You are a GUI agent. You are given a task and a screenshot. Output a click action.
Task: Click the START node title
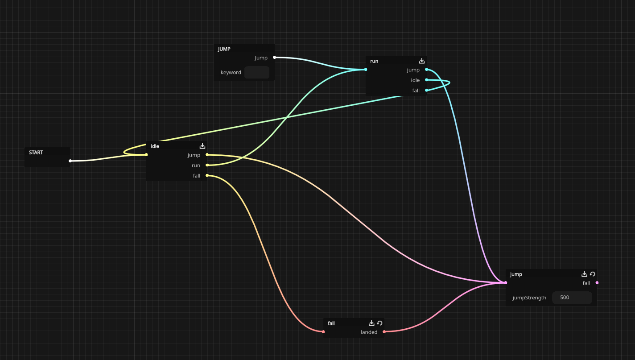coord(36,153)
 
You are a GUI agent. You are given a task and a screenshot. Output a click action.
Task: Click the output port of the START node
coord(70,161)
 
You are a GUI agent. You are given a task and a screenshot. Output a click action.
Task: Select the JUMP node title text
coord(224,49)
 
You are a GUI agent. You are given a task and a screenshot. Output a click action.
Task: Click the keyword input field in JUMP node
coord(257,72)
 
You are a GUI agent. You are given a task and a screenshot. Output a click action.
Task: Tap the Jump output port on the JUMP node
coord(274,58)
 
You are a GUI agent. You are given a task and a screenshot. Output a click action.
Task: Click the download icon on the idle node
coord(202,146)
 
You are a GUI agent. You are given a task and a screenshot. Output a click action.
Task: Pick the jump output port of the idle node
coord(207,155)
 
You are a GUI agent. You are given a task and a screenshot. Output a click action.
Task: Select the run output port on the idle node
coord(207,165)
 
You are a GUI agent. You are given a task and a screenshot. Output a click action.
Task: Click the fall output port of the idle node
coord(207,176)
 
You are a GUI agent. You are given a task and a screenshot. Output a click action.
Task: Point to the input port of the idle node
coord(146,155)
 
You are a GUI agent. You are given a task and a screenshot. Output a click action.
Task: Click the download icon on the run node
coord(421,61)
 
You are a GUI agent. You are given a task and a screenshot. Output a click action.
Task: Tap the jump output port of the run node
coord(426,70)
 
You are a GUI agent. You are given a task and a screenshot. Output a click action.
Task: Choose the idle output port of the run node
coord(426,80)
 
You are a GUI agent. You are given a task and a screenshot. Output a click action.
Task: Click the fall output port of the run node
coord(426,90)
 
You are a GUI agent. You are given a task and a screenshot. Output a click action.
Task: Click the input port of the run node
coord(366,70)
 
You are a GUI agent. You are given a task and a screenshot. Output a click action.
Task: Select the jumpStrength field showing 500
coord(572,298)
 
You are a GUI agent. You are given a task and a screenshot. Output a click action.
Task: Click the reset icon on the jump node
coord(593,274)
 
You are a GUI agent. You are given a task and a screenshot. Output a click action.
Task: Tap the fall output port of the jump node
coord(597,283)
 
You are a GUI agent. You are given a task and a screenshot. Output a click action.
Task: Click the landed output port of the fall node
coord(384,332)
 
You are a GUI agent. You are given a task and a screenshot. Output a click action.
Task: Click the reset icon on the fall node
coord(379,323)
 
